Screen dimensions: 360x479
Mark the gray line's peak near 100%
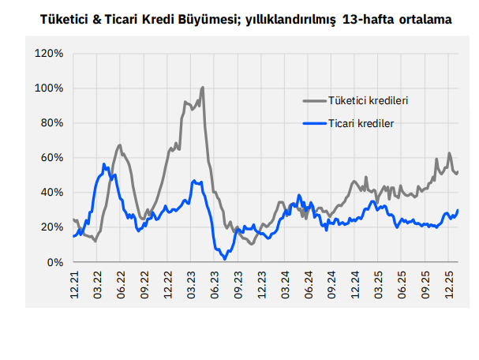203,88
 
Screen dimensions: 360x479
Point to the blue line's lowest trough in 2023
225,257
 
